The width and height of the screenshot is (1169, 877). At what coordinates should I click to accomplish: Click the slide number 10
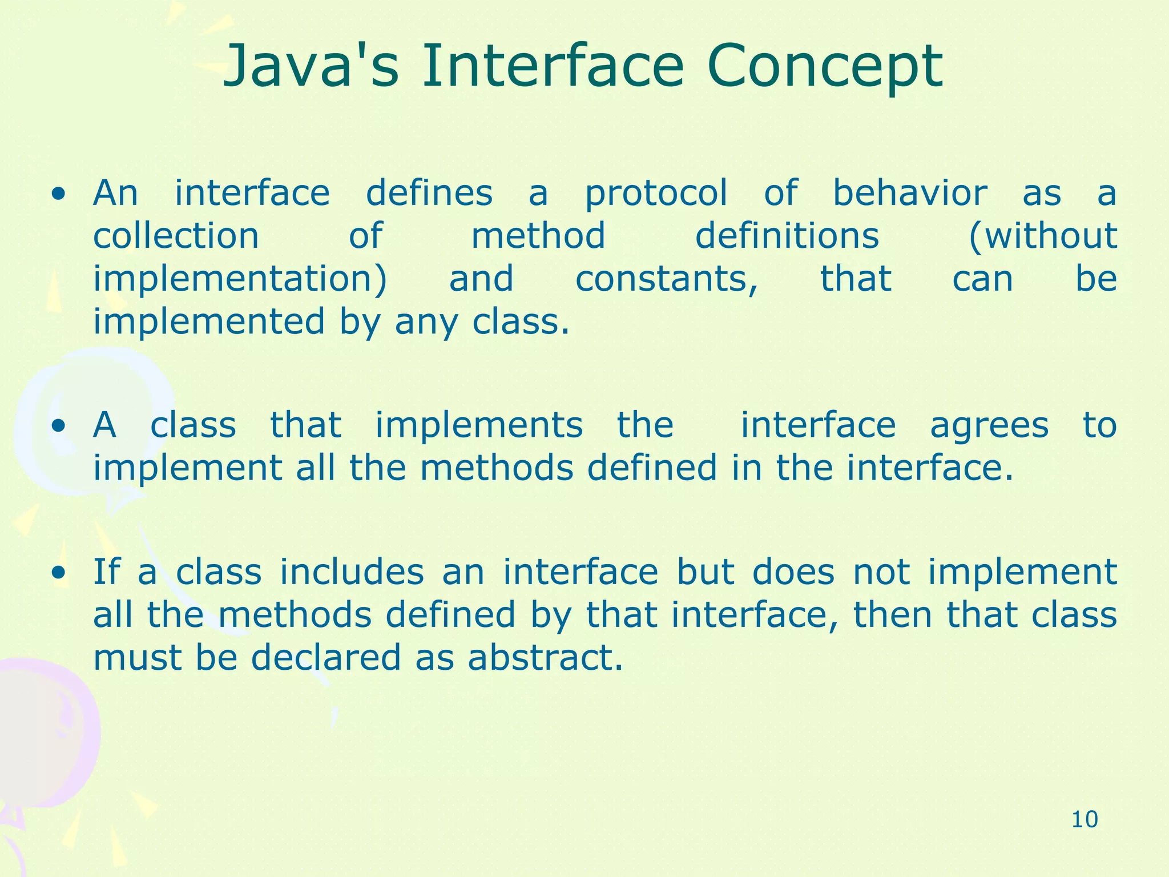(x=1085, y=820)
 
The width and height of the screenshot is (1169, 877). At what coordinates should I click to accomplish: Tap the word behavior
(x=910, y=193)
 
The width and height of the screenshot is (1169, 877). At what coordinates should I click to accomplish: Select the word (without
(x=1042, y=236)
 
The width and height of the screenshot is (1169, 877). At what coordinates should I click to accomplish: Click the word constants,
(x=667, y=280)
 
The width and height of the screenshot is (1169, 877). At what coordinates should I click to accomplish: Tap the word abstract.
(x=545, y=658)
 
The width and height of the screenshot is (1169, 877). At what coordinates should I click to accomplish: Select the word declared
(x=326, y=658)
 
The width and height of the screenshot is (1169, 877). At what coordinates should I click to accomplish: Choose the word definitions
(x=787, y=236)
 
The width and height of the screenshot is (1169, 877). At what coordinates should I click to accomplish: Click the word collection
(x=176, y=236)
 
